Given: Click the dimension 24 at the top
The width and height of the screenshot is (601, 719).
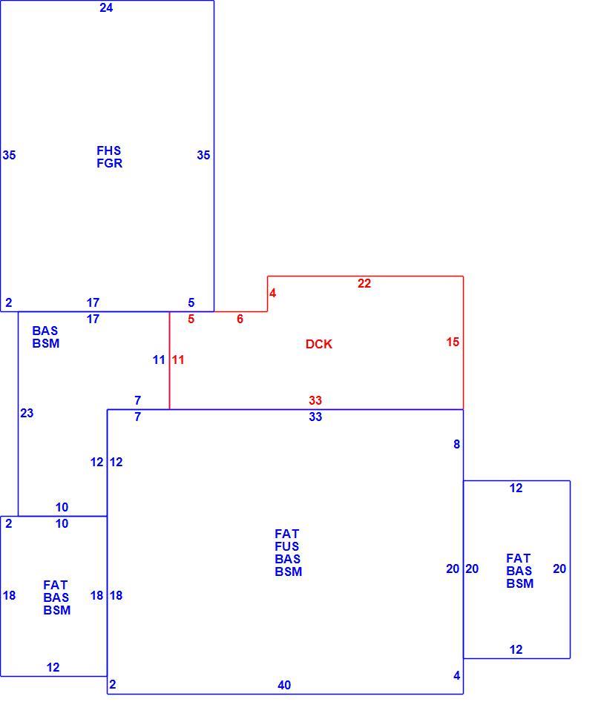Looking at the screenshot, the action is click(106, 8).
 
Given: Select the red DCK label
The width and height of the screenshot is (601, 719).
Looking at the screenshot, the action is click(318, 344).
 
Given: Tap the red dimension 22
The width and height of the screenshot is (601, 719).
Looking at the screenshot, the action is click(364, 283).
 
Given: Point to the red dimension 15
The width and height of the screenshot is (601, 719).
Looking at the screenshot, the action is click(453, 342).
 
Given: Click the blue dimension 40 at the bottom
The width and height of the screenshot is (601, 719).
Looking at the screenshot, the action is click(284, 685).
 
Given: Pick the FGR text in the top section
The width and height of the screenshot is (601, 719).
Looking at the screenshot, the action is click(109, 163).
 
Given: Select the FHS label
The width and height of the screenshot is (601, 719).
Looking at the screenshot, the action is click(109, 150).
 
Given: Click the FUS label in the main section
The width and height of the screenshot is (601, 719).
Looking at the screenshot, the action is click(287, 546).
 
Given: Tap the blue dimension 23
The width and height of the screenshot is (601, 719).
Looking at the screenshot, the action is click(27, 413).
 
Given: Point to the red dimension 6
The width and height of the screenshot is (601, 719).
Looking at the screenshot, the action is click(240, 319).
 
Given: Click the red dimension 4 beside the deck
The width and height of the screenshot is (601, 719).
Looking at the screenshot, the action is click(273, 293).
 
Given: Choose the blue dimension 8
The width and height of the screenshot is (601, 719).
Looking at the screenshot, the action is click(457, 444).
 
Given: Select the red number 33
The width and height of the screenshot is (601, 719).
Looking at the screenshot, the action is click(315, 400).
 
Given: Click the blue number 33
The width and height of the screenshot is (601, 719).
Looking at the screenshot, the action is click(315, 417).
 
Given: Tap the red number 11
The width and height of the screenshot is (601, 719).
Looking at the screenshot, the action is click(178, 360).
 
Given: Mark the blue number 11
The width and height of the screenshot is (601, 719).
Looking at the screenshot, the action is click(159, 360).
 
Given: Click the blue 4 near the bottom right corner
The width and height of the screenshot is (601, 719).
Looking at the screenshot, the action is click(457, 675).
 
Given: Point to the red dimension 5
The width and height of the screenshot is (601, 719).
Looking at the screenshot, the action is click(191, 319).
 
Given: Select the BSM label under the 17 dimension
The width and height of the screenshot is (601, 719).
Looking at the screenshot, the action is click(46, 343).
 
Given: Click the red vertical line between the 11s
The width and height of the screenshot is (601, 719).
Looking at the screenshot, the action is click(169, 360).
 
